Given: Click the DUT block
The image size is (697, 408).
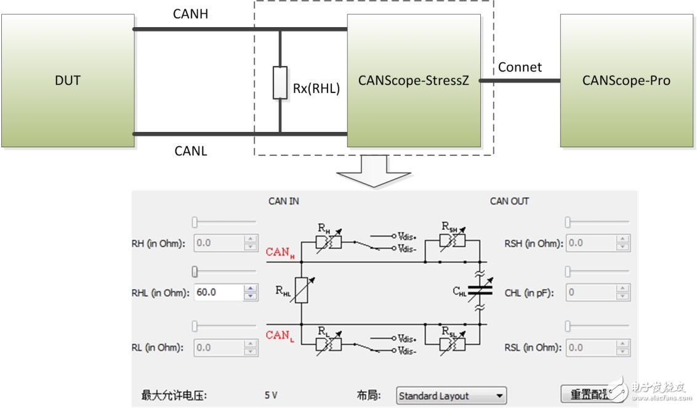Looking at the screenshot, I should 68,81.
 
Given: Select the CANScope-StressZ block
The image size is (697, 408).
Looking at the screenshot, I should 414,81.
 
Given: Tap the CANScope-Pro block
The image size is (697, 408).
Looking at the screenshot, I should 626,81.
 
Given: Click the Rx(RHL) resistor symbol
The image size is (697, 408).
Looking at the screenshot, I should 280,82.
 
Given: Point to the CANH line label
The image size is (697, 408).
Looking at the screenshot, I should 190,14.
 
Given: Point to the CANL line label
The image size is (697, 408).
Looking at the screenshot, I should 190,150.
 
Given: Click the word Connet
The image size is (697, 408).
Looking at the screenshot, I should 520,67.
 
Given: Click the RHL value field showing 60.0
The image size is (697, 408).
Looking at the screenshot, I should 219,293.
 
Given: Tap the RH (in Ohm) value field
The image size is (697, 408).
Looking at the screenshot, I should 219,243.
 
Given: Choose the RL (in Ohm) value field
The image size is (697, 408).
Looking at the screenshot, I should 219,348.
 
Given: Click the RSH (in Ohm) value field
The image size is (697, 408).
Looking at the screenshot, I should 591,243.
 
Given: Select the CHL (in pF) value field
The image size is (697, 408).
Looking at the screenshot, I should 591,293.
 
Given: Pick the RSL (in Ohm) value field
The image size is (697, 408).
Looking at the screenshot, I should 591,348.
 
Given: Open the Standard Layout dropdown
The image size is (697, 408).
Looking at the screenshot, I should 451,396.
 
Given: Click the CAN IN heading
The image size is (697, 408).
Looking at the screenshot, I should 284,201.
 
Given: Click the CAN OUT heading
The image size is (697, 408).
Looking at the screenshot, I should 509,201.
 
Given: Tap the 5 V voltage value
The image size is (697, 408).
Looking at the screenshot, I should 271,396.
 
